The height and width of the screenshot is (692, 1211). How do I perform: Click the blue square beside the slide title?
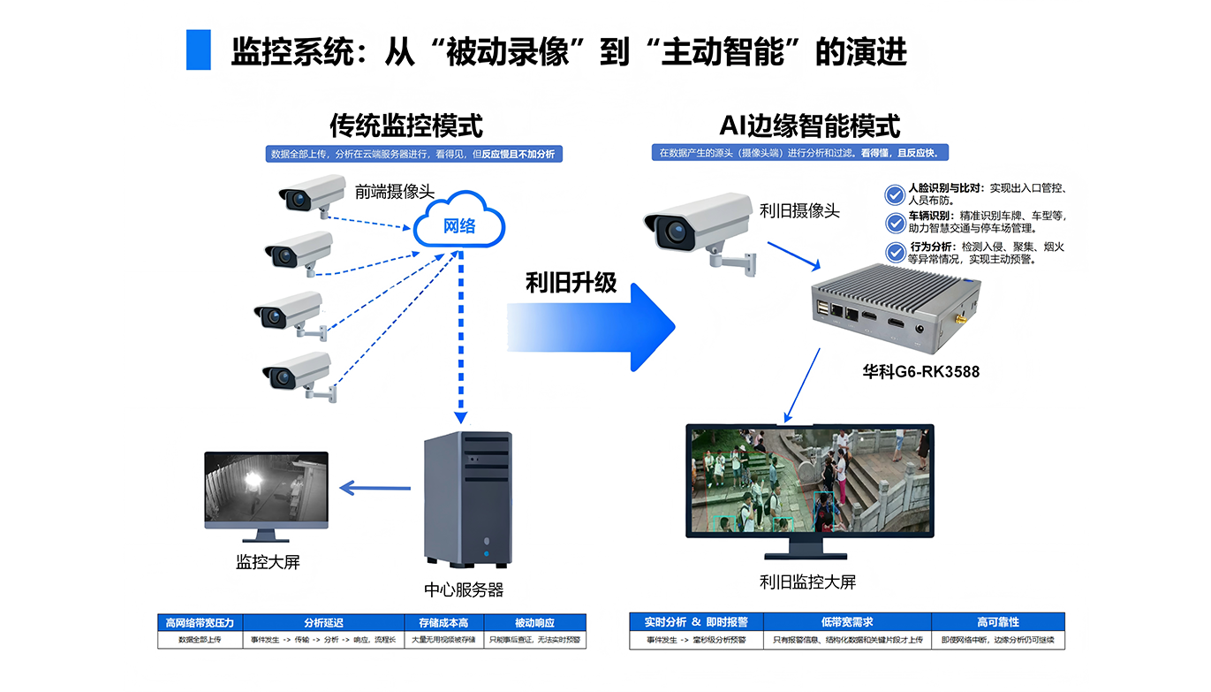coord(199,50)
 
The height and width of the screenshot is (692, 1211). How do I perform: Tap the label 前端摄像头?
coord(394,191)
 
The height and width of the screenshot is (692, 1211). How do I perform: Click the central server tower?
coord(467,498)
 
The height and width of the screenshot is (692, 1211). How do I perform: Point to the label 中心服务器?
coord(464,589)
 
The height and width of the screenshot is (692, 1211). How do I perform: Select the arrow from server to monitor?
coord(375,488)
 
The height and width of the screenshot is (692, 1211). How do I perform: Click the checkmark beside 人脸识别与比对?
coord(895,194)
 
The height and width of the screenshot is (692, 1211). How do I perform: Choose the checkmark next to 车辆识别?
coord(895,221)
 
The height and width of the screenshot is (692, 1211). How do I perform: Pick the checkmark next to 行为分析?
coord(895,252)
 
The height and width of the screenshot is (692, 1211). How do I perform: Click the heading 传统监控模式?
coord(406,125)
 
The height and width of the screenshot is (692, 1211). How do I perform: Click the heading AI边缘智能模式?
coord(810,125)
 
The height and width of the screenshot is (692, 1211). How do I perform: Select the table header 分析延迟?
coord(323,622)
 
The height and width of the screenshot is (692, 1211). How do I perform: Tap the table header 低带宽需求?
coord(846,621)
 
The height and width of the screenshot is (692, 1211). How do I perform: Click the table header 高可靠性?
coord(997,621)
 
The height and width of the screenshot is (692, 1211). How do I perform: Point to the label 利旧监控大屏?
coord(807,582)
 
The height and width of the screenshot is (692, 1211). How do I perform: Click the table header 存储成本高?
coord(443,622)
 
